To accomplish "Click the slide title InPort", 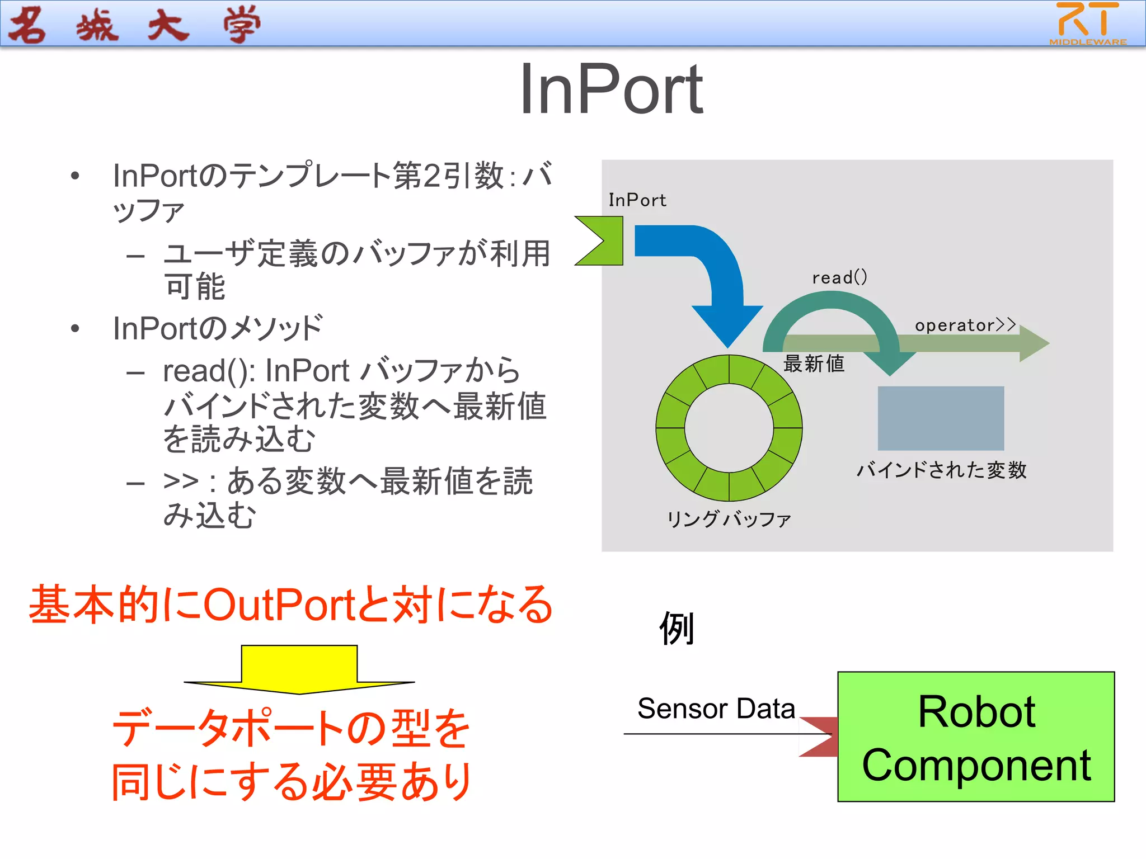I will [x=610, y=89].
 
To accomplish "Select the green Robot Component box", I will [x=975, y=737].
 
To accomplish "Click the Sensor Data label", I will [x=716, y=709].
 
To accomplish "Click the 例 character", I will [x=677, y=628].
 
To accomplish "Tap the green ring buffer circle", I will [x=671, y=428].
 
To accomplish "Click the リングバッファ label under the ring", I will [x=729, y=519].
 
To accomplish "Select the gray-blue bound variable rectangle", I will [x=940, y=418].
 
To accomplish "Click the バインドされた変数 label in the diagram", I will [x=941, y=470].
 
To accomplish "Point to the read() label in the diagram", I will [x=839, y=277].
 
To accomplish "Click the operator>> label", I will [x=965, y=325].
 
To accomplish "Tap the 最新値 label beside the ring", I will [x=813, y=364].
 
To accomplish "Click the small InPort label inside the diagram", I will [x=637, y=200].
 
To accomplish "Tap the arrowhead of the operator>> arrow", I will [x=1033, y=343].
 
